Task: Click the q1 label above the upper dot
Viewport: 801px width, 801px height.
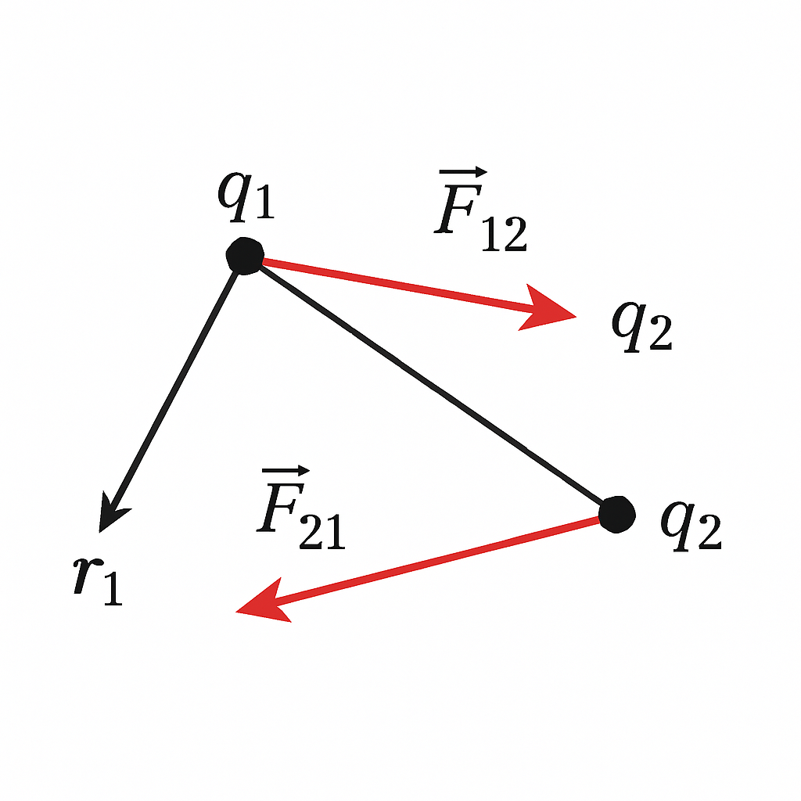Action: click(x=246, y=196)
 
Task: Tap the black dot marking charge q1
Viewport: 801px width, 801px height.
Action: click(x=245, y=256)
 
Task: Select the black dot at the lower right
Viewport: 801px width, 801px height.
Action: click(x=617, y=515)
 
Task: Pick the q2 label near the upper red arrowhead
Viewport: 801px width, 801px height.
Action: click(x=642, y=326)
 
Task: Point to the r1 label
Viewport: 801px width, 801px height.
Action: click(x=98, y=581)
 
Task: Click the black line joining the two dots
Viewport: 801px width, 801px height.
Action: click(x=431, y=385)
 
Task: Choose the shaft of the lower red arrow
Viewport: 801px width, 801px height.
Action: click(x=437, y=560)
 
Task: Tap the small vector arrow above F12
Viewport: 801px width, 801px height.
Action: click(x=463, y=172)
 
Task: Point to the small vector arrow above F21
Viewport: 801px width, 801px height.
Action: click(x=286, y=470)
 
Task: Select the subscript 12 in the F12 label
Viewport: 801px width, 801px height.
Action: click(x=505, y=235)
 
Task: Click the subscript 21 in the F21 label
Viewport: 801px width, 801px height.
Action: click(x=322, y=532)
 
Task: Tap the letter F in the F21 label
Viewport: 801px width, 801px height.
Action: click(x=280, y=508)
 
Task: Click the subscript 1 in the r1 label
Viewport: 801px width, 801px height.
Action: click(x=113, y=589)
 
